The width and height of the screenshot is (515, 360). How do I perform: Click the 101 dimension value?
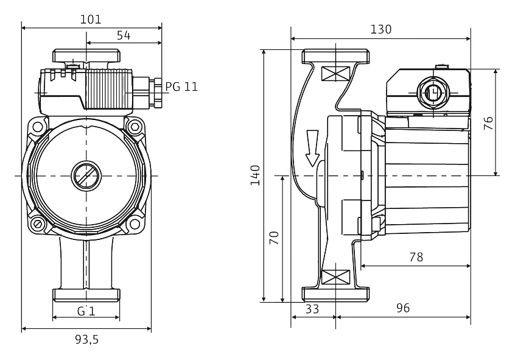tap(91, 19)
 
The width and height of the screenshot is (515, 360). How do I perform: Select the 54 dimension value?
tap(124, 35)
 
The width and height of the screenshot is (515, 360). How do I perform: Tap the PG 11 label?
tap(181, 86)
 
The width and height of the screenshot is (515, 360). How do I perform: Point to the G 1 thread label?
tap(86, 311)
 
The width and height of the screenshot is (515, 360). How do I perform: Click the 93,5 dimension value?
tap(86, 340)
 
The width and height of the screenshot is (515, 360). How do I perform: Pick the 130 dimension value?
tap(381, 29)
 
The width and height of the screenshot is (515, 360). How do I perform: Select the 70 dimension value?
tap(275, 238)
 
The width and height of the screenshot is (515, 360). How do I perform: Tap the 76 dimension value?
tap(488, 122)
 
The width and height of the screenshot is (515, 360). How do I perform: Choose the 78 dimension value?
tap(416, 257)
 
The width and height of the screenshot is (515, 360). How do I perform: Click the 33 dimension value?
tap(312, 309)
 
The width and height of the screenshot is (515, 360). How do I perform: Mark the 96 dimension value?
tap(403, 309)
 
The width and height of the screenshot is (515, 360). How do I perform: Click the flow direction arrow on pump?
tap(312, 148)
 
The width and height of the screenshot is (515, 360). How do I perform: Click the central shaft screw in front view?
tap(86, 176)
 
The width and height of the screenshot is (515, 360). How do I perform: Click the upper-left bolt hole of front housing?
tap(38, 128)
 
